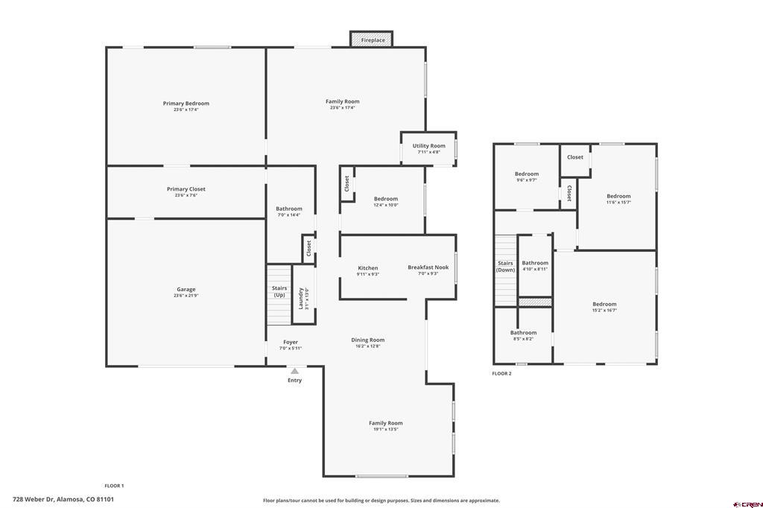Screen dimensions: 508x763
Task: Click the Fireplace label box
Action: click(x=373, y=39)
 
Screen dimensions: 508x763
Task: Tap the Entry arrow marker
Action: click(x=295, y=370)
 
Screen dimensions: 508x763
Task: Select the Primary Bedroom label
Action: click(x=186, y=104)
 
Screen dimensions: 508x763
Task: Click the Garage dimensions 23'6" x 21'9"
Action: click(x=186, y=296)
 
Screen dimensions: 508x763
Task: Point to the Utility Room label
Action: click(x=428, y=146)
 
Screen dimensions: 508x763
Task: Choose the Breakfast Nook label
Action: click(x=428, y=267)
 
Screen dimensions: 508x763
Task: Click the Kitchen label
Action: click(x=368, y=268)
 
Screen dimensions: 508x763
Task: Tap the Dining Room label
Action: click(x=368, y=340)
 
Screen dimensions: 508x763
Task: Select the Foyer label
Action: click(x=290, y=343)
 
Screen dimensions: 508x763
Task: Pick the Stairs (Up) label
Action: click(x=279, y=291)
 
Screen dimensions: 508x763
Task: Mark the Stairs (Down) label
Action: click(x=505, y=266)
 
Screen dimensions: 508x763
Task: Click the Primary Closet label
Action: click(x=186, y=189)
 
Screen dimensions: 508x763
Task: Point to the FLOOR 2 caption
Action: click(x=502, y=373)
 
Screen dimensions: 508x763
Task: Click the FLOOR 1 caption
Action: click(x=114, y=486)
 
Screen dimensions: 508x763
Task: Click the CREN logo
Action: click(x=748, y=503)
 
